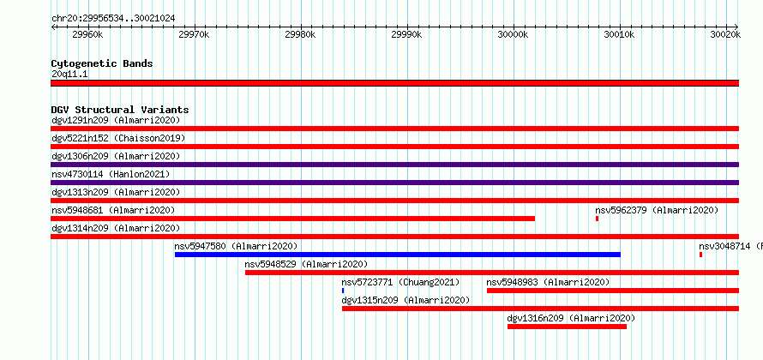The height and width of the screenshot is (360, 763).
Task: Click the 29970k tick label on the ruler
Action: [x=194, y=34]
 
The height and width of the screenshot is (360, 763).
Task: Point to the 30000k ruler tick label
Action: [x=513, y=34]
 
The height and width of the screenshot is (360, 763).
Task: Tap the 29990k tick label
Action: [x=406, y=34]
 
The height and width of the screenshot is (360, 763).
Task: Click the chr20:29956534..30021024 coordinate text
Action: [x=113, y=19]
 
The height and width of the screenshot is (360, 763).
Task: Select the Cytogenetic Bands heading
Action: [x=102, y=63]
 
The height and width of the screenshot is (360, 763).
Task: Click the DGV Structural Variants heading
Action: [x=120, y=110]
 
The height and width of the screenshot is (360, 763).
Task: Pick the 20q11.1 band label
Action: [x=69, y=75]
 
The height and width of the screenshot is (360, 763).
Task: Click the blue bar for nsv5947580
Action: [x=398, y=255]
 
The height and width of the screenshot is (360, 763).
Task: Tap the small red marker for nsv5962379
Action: [x=597, y=219]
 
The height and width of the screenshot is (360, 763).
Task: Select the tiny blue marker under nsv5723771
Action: [x=343, y=291]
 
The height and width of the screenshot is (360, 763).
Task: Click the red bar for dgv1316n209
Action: [x=567, y=327]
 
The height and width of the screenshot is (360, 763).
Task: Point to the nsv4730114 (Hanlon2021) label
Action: [x=111, y=174]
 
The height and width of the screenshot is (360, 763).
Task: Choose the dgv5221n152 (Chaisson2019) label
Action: [x=118, y=138]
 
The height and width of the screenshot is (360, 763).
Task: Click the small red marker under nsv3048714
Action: [x=700, y=255]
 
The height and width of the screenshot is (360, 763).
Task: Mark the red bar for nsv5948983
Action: [x=613, y=291]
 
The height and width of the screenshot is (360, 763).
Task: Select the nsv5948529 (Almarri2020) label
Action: [x=306, y=264]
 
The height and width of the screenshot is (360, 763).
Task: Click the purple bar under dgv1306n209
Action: [x=395, y=165]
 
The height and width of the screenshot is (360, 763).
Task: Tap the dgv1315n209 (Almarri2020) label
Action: [x=406, y=300]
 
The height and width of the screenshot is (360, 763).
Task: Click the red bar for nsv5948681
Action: [x=293, y=219]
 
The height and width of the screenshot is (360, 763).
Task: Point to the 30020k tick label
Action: [x=725, y=34]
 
